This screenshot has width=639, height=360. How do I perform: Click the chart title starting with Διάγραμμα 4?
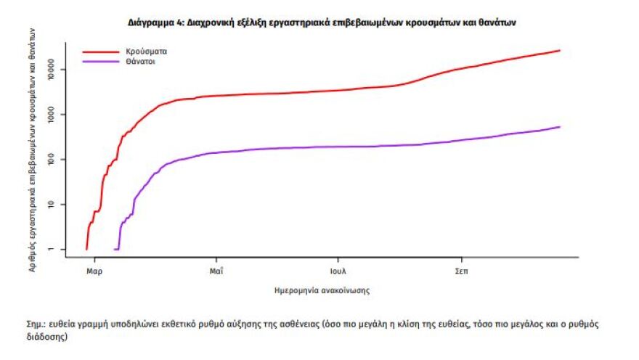(322, 23)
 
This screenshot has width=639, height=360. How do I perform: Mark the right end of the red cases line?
(560, 51)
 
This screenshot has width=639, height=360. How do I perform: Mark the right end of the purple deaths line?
(560, 127)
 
